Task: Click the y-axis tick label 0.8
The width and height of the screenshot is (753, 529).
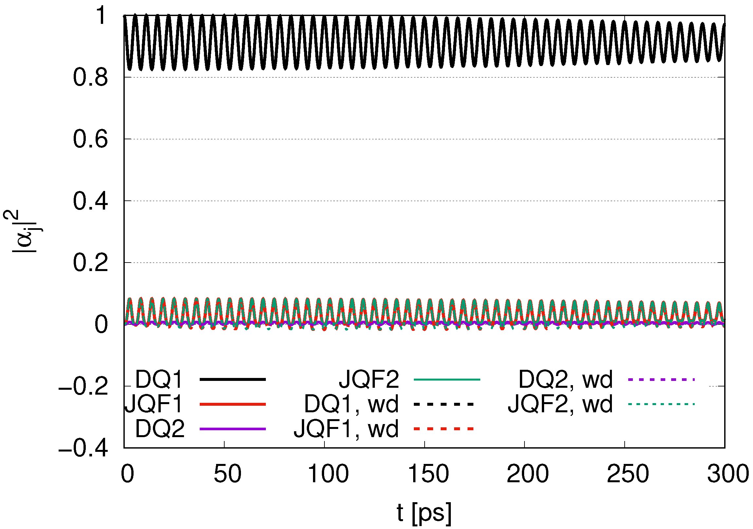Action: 90,78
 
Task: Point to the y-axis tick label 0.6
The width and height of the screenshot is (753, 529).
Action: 90,140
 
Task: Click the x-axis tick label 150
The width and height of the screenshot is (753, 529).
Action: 428,474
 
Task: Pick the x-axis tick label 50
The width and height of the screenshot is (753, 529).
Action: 227,474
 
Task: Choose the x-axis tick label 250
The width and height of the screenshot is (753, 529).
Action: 628,474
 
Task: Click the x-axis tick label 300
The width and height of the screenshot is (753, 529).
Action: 728,474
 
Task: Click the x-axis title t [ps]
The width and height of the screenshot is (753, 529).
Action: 424,512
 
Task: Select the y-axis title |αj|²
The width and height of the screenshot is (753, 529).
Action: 24,231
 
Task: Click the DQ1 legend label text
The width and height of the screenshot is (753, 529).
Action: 159,379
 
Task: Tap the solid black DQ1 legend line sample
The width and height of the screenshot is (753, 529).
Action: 232,379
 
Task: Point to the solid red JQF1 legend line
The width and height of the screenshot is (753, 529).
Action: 232,404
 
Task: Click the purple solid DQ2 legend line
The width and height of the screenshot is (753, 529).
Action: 232,429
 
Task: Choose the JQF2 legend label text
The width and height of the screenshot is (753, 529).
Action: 369,379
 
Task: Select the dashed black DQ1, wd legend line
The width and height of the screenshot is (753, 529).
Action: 444,404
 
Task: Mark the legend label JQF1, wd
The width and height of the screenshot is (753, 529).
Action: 346,429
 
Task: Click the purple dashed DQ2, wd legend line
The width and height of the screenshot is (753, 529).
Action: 661,380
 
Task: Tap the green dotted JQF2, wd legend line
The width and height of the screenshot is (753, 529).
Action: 661,404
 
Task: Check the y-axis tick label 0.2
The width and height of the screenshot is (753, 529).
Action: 90,263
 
